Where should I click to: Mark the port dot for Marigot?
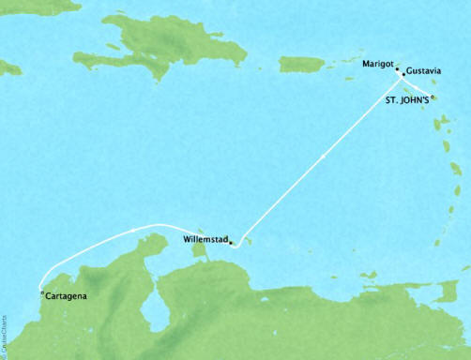coord(397,68)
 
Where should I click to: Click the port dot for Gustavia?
coord(403,74)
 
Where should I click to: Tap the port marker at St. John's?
coord(433,97)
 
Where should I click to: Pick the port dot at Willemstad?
coord(231,243)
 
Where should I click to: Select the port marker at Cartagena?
coord(41,292)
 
